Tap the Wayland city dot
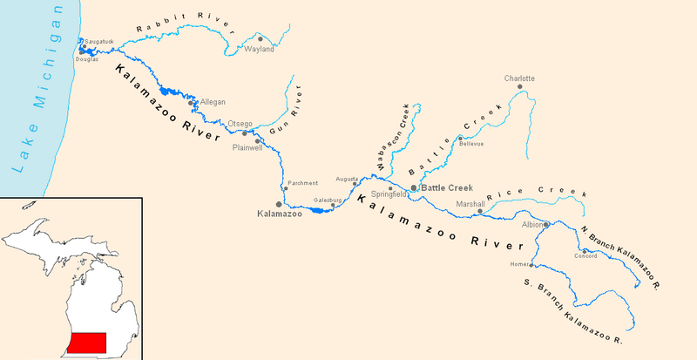tap(260, 39)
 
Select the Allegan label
tap(213, 102)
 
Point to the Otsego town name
tap(240, 124)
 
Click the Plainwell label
tap(247, 148)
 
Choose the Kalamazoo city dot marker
tap(279, 204)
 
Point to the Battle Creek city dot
tap(413, 187)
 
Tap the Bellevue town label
tap(471, 144)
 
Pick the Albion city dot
tap(546, 225)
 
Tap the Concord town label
tap(585, 256)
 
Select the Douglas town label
tap(88, 58)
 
